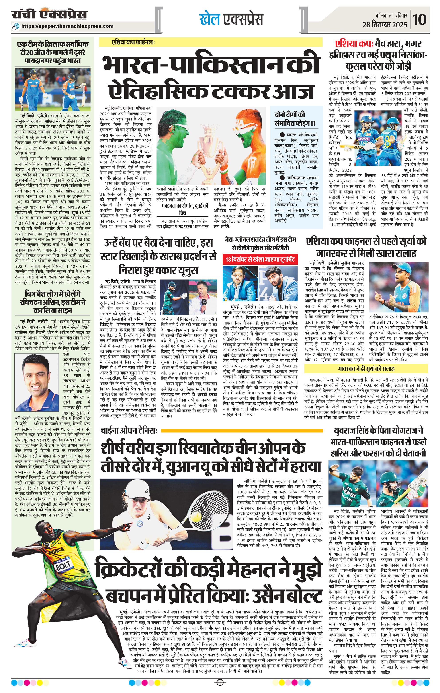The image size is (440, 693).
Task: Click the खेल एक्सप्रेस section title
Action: click(231, 19)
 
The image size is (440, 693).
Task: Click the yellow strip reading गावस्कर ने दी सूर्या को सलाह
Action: click(366, 369)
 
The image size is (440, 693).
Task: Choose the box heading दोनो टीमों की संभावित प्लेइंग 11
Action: click(293, 118)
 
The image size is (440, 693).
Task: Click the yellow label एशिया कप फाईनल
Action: click(133, 42)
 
